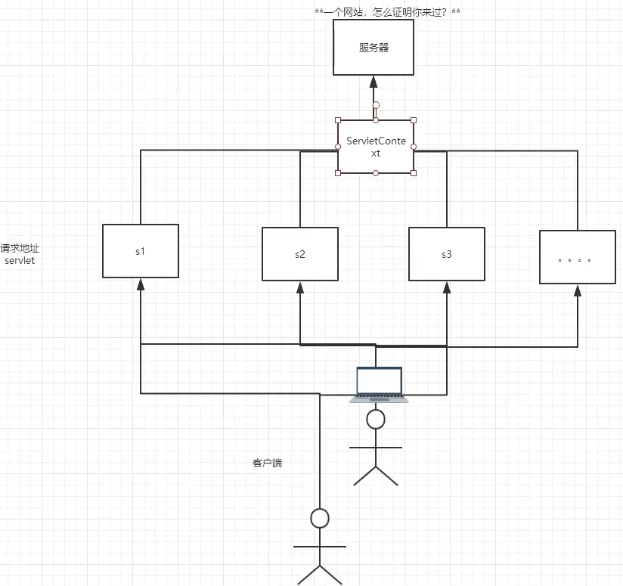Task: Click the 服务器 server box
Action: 373,47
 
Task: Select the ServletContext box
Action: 376,147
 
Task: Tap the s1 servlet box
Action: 140,251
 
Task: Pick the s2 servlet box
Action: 300,253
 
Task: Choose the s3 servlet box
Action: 446,253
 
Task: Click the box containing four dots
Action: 577,257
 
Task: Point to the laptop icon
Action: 379,384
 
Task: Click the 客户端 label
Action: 267,463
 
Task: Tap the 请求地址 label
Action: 18,248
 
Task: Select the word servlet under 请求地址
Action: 19,260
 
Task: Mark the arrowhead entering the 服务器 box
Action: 373,81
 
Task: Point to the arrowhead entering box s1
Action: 140,284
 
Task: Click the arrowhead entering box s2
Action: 300,287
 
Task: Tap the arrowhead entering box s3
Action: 446,287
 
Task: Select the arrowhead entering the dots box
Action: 577,290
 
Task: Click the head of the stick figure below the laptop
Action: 376,418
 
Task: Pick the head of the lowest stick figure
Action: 320,518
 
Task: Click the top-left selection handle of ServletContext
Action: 338,119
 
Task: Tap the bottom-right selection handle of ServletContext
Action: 414,173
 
